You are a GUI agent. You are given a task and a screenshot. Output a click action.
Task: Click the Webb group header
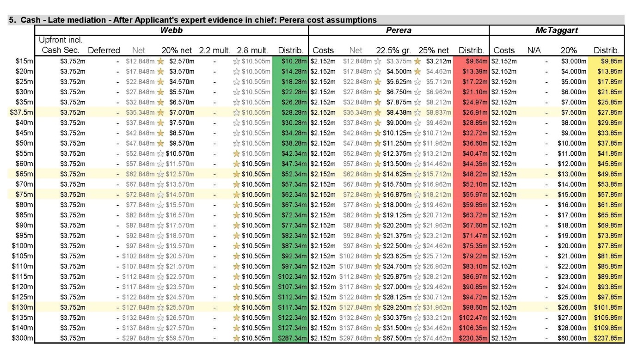(171, 30)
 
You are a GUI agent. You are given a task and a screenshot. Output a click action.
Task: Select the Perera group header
(399, 30)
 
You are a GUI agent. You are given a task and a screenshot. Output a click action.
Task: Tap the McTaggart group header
(557, 30)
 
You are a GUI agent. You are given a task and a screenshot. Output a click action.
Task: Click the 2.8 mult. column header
(252, 50)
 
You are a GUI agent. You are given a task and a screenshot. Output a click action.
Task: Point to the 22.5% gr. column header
(393, 50)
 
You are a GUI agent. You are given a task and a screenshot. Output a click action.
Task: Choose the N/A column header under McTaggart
(534, 50)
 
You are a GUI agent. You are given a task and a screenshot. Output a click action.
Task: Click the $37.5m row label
(21, 112)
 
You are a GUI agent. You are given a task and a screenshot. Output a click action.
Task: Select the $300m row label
(23, 338)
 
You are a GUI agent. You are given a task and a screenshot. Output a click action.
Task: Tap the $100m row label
(23, 246)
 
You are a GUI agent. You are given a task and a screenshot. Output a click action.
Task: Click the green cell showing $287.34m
(290, 338)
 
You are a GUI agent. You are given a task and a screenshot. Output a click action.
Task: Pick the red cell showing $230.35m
(471, 338)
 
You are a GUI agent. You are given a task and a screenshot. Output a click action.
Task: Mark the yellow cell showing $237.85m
(606, 338)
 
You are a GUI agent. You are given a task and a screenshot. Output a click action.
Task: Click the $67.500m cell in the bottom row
(397, 338)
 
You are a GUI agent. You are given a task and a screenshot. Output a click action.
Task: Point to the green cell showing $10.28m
(290, 61)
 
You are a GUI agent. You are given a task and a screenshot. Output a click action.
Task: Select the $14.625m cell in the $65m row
(397, 174)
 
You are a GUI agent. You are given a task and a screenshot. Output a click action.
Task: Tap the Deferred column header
(104, 50)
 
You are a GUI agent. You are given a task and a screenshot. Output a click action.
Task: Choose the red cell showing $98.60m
(471, 307)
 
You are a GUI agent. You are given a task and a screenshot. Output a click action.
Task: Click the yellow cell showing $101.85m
(606, 307)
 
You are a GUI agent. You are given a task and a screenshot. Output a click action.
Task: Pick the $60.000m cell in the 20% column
(572, 338)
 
